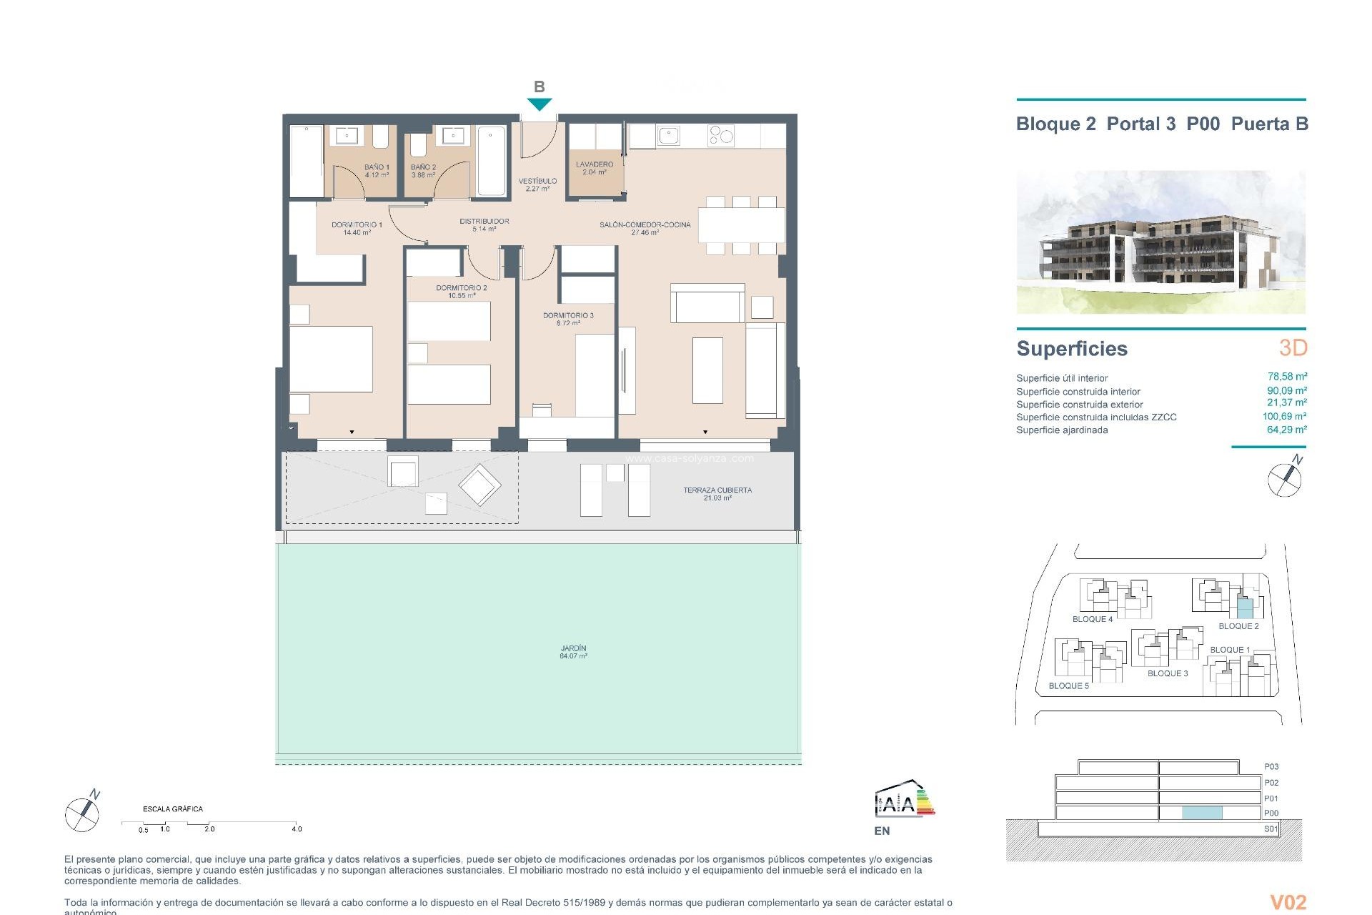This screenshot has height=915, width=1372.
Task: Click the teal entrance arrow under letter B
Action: tap(540, 104)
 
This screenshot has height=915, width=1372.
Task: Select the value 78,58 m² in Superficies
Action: tap(1287, 377)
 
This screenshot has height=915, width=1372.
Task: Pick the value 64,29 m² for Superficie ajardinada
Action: tap(1287, 430)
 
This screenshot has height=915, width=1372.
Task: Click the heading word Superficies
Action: tap(1072, 349)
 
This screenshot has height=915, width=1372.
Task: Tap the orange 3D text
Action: tap(1293, 348)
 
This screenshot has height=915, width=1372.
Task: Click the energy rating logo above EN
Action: tap(904, 801)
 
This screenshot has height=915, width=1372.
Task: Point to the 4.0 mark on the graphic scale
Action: tap(297, 829)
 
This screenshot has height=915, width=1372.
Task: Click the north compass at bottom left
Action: tap(83, 812)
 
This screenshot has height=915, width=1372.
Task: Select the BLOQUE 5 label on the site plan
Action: tap(1069, 686)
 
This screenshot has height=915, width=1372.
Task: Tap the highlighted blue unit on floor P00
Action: tap(1202, 813)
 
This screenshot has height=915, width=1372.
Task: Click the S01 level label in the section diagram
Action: tap(1271, 829)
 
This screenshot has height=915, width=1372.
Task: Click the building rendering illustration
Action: tap(1160, 242)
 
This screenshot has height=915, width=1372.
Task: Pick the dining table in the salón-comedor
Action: tap(741, 225)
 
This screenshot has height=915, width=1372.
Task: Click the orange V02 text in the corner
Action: tap(1288, 903)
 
